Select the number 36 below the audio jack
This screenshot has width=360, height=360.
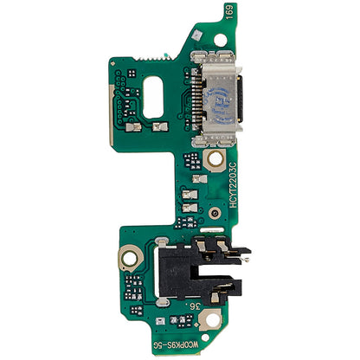199,304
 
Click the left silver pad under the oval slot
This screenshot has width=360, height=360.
137,126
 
